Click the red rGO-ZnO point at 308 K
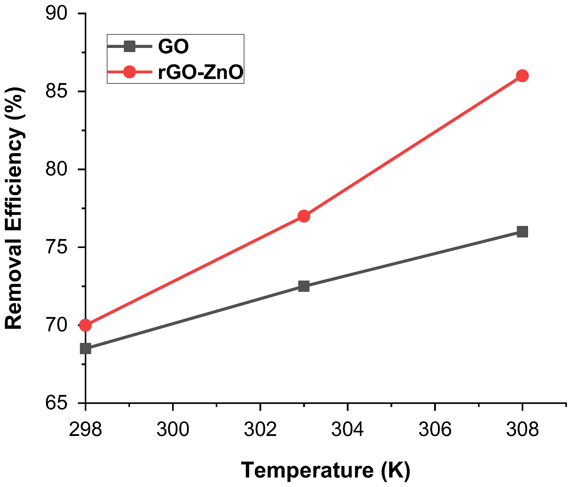522,76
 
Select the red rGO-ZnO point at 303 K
304,216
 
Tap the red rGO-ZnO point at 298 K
85,325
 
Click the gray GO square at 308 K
522,232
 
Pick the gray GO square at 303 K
304,286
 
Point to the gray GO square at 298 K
85,349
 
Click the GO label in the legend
173,47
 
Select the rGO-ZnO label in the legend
201,73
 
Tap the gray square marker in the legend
129,46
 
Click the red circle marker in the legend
129,72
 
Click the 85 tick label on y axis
57,92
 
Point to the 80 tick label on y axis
57,170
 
